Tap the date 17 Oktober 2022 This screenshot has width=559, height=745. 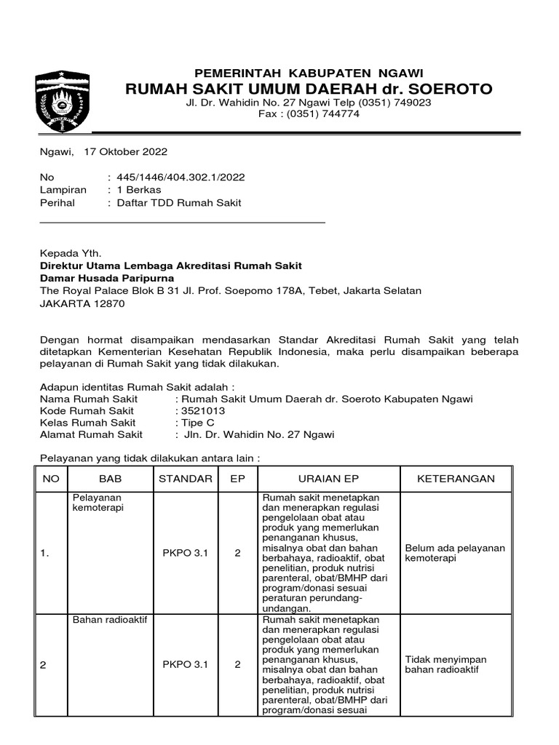126,152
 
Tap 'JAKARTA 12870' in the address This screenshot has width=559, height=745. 82,304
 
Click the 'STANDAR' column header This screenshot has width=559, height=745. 186,479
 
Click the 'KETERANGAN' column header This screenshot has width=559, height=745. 456,479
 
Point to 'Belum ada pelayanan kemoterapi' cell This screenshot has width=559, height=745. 455,553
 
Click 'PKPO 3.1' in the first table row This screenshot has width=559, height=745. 186,554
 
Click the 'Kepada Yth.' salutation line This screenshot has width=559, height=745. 66,252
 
